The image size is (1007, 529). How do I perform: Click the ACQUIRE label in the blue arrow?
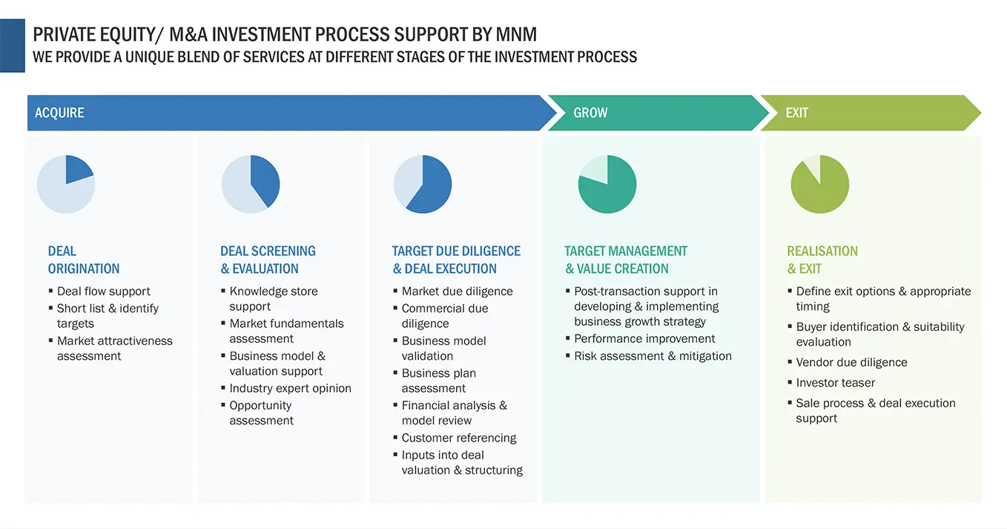pyautogui.click(x=59, y=113)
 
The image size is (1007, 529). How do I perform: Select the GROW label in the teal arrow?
pyautogui.click(x=590, y=113)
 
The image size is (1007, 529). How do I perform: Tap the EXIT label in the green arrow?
pyautogui.click(x=796, y=113)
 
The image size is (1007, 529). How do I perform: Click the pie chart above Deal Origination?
pyautogui.click(x=66, y=184)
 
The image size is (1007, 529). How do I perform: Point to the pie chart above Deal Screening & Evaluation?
pyautogui.click(x=251, y=184)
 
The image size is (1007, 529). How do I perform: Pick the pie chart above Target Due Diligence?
pyautogui.click(x=422, y=184)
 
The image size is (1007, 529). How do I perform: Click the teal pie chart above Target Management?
pyautogui.click(x=607, y=184)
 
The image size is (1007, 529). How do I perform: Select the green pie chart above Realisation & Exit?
pyautogui.click(x=819, y=184)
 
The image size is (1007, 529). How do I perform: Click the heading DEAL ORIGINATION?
pyautogui.click(x=83, y=260)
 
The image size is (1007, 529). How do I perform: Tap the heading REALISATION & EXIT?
pyautogui.click(x=822, y=260)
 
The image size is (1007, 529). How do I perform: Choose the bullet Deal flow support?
pyautogui.click(x=103, y=291)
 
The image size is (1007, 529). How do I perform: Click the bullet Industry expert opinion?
pyautogui.click(x=290, y=388)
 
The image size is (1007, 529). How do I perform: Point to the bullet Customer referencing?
pyautogui.click(x=458, y=438)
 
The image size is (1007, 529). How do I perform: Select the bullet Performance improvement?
pyautogui.click(x=644, y=338)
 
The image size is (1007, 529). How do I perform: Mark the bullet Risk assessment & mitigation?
pyautogui.click(x=653, y=356)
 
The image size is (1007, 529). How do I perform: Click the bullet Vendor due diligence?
pyautogui.click(x=851, y=362)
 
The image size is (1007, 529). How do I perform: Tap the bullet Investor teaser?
pyautogui.click(x=835, y=383)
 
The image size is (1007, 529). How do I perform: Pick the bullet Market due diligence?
pyautogui.click(x=457, y=291)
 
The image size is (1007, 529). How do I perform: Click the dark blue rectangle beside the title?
pyautogui.click(x=13, y=45)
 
